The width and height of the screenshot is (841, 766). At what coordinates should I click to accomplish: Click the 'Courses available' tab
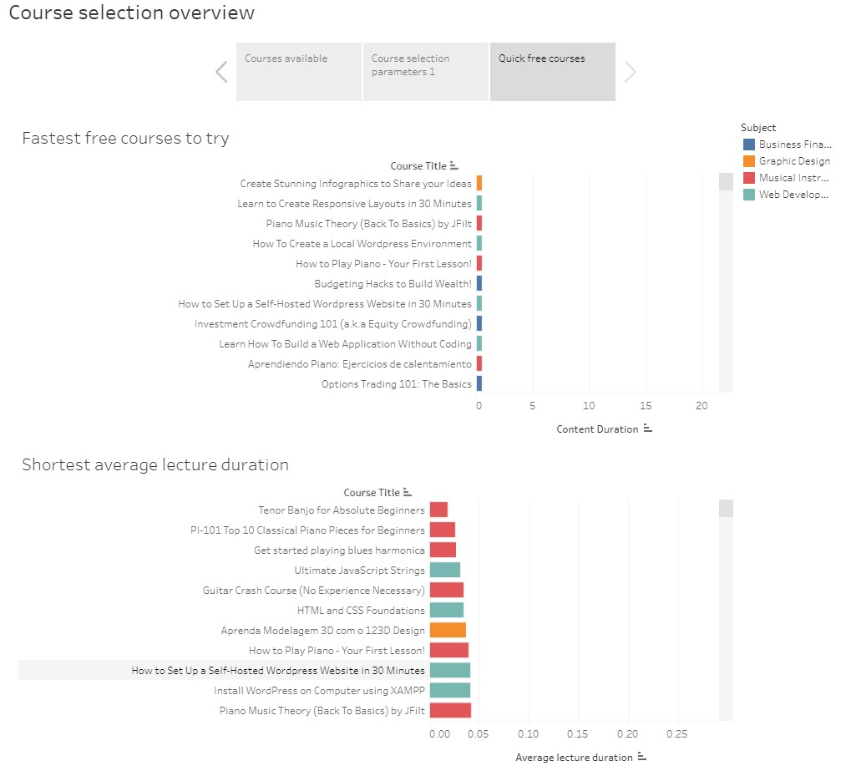tap(298, 72)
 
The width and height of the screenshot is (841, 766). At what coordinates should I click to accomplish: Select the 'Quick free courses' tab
tap(552, 72)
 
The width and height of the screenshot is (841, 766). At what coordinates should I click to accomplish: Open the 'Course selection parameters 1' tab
tap(425, 72)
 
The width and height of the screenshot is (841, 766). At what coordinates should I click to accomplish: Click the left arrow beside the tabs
tap(221, 72)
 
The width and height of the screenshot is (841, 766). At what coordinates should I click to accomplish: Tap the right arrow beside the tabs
tap(631, 73)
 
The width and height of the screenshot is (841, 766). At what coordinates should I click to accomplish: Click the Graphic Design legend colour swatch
tap(748, 161)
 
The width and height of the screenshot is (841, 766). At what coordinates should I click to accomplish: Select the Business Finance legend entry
tap(794, 145)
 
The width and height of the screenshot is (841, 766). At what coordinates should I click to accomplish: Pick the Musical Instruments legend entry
tap(794, 178)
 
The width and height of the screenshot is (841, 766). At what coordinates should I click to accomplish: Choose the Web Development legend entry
tap(794, 195)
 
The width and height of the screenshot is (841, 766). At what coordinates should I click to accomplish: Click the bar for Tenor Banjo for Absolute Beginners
tap(438, 510)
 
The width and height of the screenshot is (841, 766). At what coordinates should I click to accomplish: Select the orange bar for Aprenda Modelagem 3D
tap(448, 630)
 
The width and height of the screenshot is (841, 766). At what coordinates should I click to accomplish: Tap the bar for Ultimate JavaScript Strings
tap(444, 570)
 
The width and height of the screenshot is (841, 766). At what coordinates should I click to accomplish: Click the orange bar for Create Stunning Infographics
tap(479, 184)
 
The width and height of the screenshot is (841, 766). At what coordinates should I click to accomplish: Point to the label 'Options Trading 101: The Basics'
tap(396, 384)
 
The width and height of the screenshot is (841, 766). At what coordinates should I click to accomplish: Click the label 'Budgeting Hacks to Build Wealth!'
tap(393, 284)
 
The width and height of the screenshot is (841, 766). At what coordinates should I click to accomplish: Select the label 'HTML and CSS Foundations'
tap(361, 610)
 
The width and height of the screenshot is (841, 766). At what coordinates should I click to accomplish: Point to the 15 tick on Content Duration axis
tap(645, 406)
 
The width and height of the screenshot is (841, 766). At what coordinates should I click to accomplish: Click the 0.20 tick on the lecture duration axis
tap(627, 733)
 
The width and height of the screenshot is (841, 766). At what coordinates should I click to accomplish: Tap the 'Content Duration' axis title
tap(597, 429)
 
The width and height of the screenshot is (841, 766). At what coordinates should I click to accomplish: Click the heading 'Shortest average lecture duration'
tap(155, 464)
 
